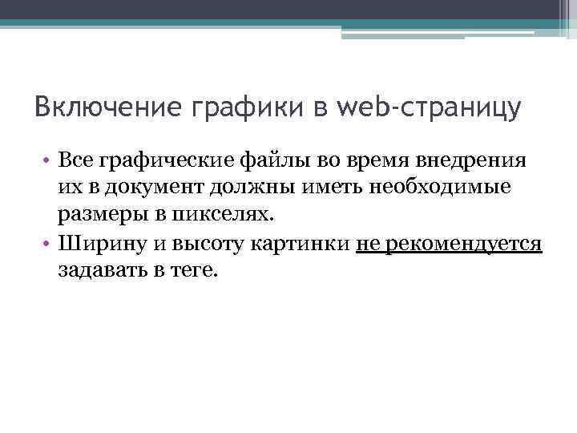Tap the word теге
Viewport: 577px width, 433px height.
(192, 272)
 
